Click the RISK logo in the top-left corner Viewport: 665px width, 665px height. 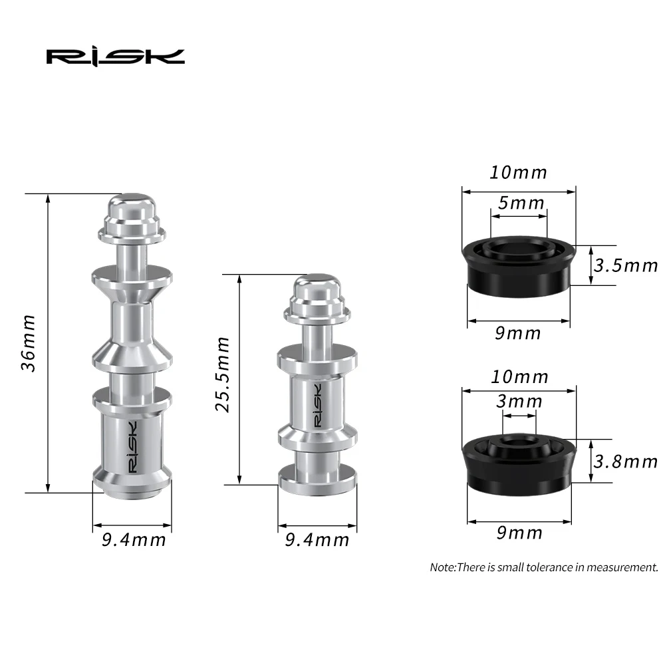pos(115,56)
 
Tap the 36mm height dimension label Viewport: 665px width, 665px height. pos(28,343)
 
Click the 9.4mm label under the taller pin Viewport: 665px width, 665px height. pos(133,539)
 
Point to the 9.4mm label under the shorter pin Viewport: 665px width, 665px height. pos(317,539)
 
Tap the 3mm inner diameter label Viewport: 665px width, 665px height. pos(519,402)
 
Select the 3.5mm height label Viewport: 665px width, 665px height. pos(625,266)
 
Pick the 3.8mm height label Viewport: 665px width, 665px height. pos(625,461)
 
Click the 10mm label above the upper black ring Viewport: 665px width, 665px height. pos(518,173)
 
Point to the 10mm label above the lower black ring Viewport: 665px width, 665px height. pos(518,377)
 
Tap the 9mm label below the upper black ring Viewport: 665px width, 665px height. pos(518,333)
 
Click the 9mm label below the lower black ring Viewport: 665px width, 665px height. pos(518,533)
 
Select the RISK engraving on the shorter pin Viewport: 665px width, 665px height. pos(317,405)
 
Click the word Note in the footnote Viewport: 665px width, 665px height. pos(442,568)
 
